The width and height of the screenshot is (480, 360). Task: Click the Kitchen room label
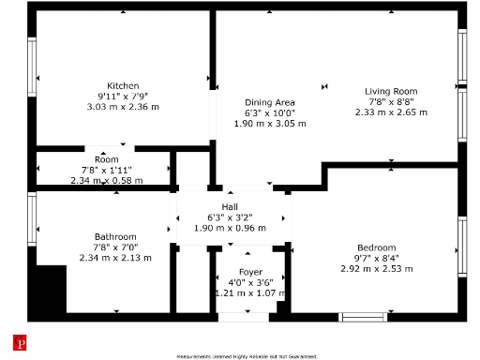pos(123,85)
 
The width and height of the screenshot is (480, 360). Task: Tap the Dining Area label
pos(270,102)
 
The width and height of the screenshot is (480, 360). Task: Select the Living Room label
pos(390,91)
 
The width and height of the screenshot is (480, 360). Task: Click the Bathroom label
pos(115,236)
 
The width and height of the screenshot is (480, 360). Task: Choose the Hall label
pos(230,206)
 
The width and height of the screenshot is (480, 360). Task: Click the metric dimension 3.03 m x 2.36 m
pos(123,106)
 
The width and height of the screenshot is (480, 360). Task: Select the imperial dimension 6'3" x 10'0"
pos(270,112)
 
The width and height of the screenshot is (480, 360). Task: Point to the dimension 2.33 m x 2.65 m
pos(390,112)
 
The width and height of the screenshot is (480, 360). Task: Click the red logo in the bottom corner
pos(18,343)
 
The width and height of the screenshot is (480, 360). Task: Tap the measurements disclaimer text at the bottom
pos(247,356)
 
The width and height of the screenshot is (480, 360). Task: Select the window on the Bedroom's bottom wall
pos(363,317)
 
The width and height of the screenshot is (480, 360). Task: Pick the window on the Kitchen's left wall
pos(33,77)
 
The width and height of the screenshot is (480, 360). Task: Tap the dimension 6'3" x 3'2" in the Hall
pos(230,217)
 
